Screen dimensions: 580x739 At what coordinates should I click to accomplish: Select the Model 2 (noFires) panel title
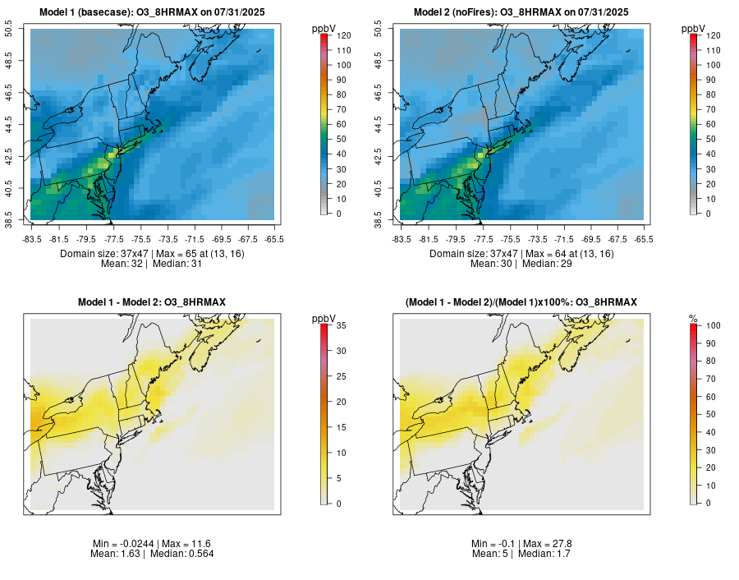coord(521,12)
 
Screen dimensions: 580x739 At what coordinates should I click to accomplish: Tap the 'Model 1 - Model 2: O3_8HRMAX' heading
coord(152,302)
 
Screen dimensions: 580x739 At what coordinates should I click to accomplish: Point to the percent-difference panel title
coord(521,302)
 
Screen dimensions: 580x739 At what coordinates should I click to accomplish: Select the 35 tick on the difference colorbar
coord(340,325)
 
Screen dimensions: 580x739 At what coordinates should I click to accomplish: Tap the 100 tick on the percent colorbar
coord(712,325)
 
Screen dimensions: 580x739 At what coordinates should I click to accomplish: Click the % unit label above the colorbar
coord(693,318)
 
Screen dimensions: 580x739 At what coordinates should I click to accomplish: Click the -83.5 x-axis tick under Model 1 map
coord(33,239)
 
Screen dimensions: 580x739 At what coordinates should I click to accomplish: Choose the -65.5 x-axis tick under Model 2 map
coord(644,239)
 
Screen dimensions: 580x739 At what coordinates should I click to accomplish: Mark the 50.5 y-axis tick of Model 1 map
coord(10,30)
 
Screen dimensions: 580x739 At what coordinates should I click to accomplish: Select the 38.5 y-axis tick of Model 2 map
coord(379,220)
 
